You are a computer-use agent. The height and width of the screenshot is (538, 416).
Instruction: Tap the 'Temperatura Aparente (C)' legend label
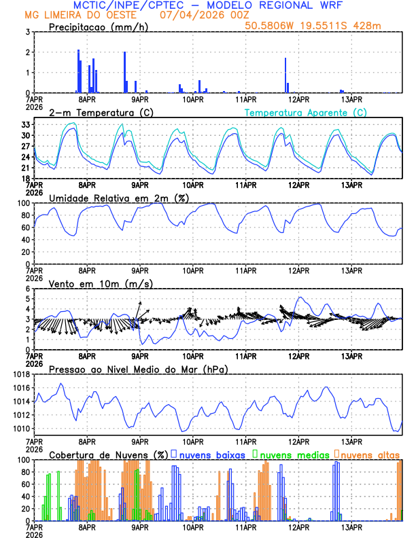[x=307, y=112]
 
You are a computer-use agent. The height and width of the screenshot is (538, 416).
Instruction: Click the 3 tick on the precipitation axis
[x=28, y=32]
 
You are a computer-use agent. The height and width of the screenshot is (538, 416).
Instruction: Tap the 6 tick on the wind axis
[x=28, y=289]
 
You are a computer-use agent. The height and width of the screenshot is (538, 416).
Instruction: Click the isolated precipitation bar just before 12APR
[x=285, y=75]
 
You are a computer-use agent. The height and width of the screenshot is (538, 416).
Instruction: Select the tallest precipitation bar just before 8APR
[x=78, y=71]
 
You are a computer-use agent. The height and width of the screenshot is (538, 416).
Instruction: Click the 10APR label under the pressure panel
[x=193, y=441]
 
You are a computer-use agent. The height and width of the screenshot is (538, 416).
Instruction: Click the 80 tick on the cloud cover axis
[x=24, y=472]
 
